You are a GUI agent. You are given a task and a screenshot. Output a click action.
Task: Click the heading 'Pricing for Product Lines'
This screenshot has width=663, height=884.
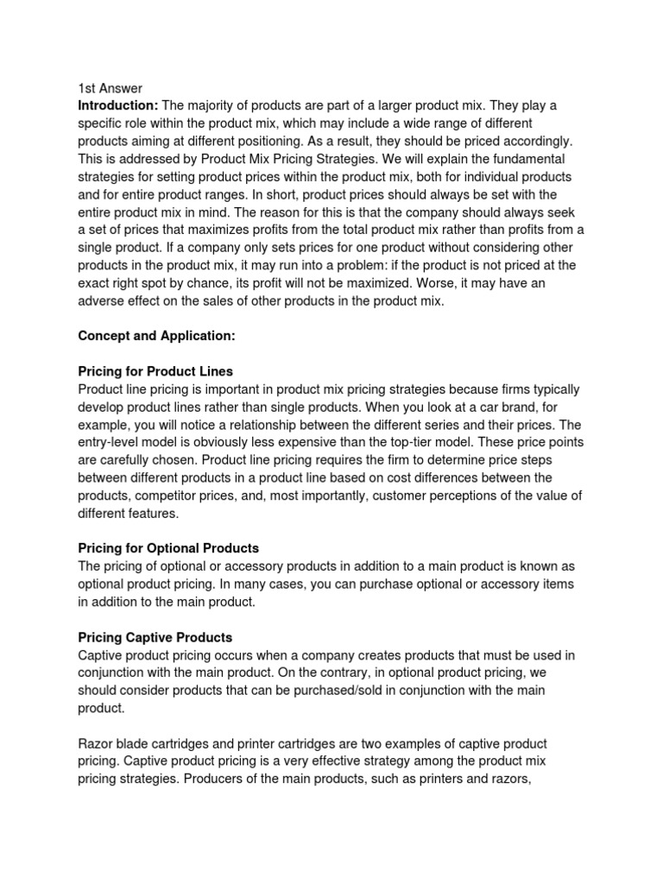[x=155, y=372]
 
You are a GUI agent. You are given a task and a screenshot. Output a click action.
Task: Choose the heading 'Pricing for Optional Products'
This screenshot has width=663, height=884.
[x=168, y=548]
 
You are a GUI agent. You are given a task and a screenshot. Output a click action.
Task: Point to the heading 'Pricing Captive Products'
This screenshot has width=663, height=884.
[x=155, y=637]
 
